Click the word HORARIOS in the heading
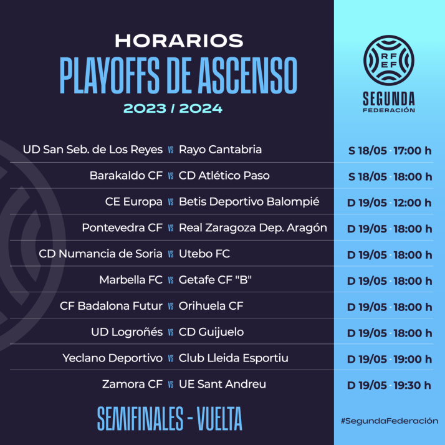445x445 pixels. pos(179,41)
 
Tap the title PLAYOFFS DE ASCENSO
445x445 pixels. pos(178,75)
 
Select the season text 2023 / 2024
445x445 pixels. pos(173,108)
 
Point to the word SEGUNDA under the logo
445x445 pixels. pos(389,98)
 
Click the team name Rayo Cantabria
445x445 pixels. pos(220,150)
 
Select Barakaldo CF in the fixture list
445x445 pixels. pos(126,176)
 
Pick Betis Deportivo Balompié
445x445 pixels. pos(249,202)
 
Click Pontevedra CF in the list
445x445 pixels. pos(122,228)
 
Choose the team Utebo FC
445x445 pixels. pos(204,254)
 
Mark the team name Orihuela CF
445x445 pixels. pos(211,306)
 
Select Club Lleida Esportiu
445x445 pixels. pos(234,358)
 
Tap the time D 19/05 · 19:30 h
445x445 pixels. pos(389,385)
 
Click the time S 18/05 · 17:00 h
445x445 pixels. pos(389,150)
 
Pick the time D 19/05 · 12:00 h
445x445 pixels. pos(389,203)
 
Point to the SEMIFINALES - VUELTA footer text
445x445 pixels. pos(170,419)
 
